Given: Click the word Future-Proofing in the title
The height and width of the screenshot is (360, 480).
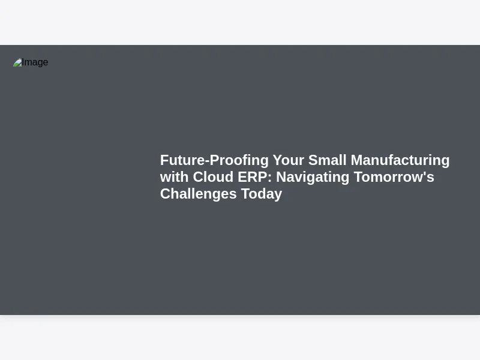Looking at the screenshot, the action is pos(214,161).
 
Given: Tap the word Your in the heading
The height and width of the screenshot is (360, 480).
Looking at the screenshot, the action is pos(289,160).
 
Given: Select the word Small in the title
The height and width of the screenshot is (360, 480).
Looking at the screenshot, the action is pos(327,160).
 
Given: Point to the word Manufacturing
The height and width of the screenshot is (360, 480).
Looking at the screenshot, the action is pos(400,161).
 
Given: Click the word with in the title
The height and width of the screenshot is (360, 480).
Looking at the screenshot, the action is pos(174,177).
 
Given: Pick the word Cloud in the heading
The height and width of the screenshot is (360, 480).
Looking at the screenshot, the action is pos(213,177).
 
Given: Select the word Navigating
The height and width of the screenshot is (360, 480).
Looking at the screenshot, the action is pos(313,178).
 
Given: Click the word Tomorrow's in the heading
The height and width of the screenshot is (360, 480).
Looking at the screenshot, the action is pos(394,177).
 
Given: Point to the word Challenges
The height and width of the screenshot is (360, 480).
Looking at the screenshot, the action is pos(199,194).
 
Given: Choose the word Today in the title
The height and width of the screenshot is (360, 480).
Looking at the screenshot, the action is pos(262,194).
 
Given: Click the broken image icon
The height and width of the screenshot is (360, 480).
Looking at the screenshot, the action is pos(17,62).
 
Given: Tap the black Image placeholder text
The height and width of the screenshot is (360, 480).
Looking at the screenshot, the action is pos(35,62).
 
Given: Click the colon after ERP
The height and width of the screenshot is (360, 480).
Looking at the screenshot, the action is pos(269,178).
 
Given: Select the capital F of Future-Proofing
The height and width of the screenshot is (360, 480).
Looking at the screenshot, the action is pos(164,160).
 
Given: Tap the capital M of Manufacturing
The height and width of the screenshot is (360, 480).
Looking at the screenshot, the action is pos(357,160).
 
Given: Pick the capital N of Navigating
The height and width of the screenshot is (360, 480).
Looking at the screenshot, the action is pos(281,177).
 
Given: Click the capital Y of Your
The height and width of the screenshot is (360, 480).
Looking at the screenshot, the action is pos(278,160).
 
